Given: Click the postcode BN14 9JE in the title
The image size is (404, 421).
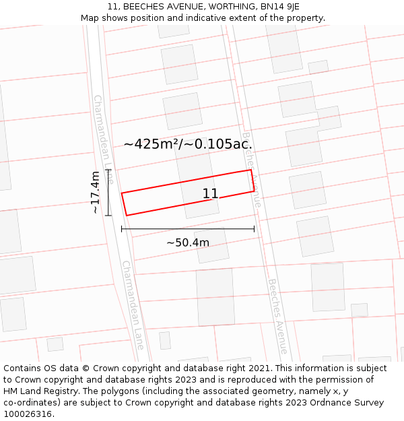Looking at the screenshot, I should tap(275, 7).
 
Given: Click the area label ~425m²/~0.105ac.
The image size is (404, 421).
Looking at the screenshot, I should tap(188, 143).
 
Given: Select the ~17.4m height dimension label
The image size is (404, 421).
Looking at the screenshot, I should tap(96, 192).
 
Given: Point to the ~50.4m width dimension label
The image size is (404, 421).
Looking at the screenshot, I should tap(188, 242).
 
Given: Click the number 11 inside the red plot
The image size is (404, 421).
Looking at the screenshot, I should tap(210, 194).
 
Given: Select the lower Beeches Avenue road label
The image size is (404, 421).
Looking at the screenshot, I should tap(277, 317).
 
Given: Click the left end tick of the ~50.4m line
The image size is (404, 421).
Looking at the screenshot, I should tap(122, 229).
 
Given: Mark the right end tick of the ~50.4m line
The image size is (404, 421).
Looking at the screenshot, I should tap(255, 229).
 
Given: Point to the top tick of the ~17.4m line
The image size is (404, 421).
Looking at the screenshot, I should tap(108, 170).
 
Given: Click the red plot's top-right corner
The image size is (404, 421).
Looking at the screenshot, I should tap(251, 170).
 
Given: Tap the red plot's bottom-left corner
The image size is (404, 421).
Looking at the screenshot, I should tap(126, 216).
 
